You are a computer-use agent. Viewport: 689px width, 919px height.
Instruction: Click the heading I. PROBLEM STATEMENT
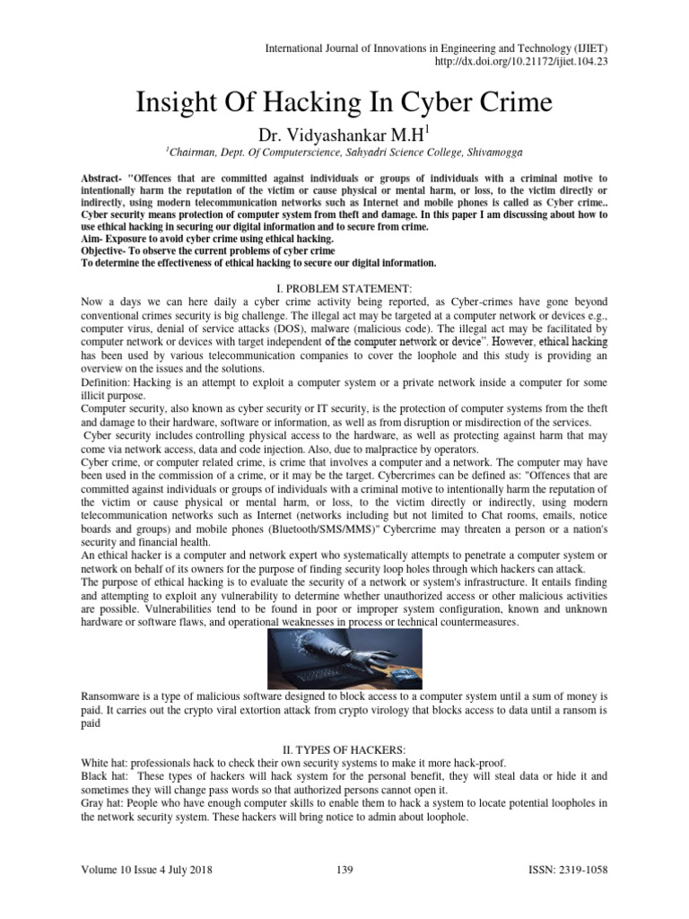[344, 286]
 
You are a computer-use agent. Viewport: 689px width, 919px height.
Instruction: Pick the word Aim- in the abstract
[93, 239]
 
